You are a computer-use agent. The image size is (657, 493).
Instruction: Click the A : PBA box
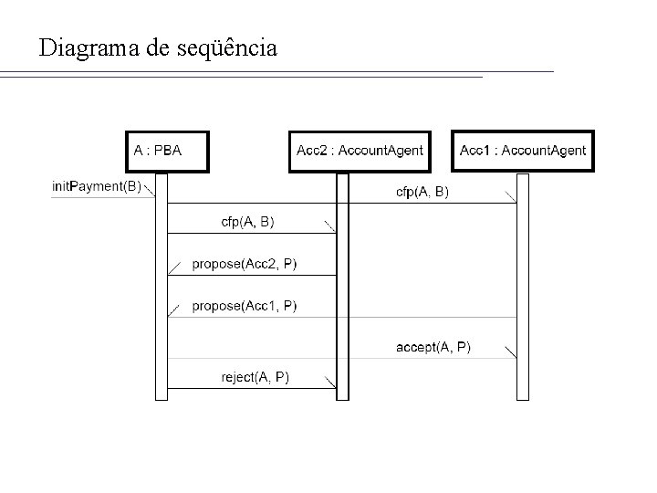(166, 151)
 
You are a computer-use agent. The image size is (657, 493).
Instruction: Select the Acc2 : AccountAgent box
(360, 151)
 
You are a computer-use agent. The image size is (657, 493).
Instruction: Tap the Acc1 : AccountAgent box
(523, 151)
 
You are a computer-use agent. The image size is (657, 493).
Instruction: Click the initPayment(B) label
(97, 186)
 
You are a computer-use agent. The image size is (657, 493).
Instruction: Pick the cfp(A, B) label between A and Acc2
(247, 221)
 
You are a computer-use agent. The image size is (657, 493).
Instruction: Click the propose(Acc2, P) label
(244, 264)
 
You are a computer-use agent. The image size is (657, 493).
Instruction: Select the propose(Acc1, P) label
(244, 305)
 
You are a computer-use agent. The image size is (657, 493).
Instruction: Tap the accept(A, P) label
(433, 346)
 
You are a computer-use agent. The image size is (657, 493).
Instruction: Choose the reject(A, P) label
(255, 376)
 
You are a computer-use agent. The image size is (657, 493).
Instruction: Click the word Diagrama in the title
(89, 47)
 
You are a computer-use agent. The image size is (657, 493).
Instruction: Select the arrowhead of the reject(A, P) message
(330, 383)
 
